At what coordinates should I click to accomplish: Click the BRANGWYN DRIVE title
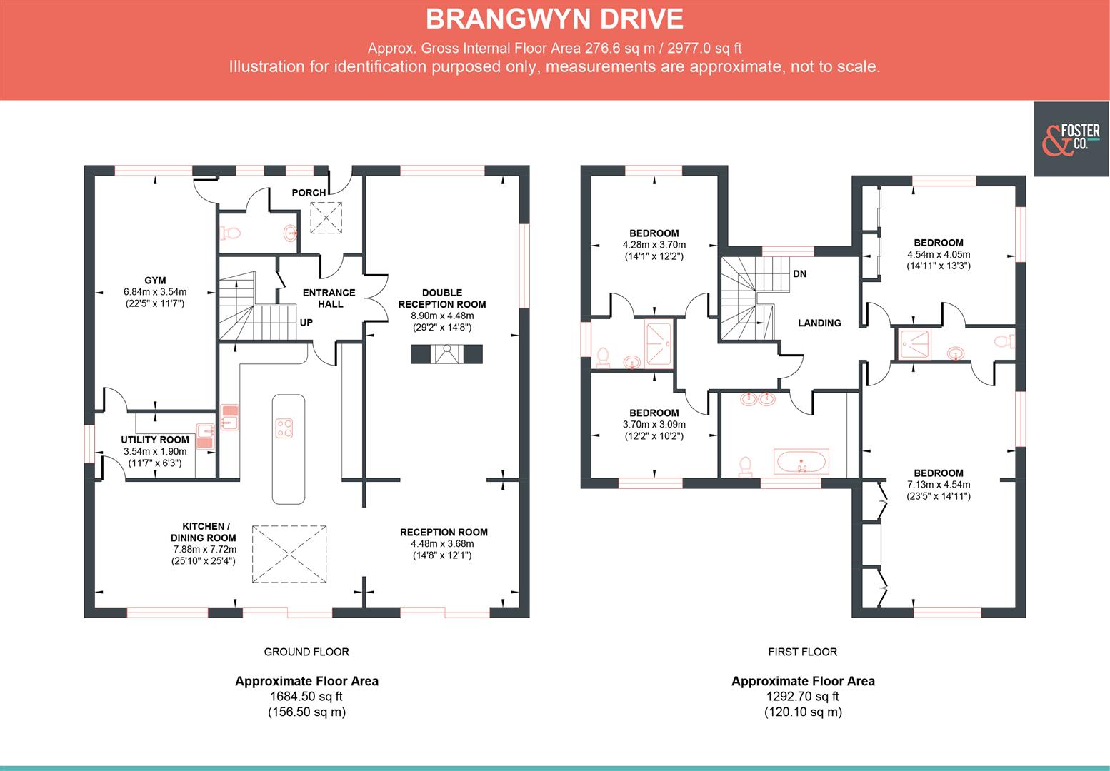[554, 19]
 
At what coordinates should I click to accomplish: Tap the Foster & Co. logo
[1071, 138]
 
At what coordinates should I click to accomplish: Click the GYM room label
[155, 281]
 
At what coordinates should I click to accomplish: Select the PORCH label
[309, 193]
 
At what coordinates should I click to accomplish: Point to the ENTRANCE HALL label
[329, 298]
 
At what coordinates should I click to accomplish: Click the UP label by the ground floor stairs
[306, 323]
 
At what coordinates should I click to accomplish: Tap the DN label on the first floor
[799, 273]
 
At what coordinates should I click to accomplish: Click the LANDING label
[819, 323]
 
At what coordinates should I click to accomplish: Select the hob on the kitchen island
[285, 428]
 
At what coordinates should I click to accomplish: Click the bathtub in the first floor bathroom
[801, 462]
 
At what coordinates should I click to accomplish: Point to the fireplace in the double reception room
[447, 354]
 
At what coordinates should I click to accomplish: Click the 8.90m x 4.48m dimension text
[442, 316]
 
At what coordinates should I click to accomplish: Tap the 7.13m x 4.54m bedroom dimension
[938, 485]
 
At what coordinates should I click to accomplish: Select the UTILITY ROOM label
[155, 440]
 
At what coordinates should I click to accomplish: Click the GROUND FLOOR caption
[306, 652]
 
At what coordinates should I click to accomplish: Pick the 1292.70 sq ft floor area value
[802, 697]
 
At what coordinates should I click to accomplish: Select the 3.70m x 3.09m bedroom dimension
[654, 425]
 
